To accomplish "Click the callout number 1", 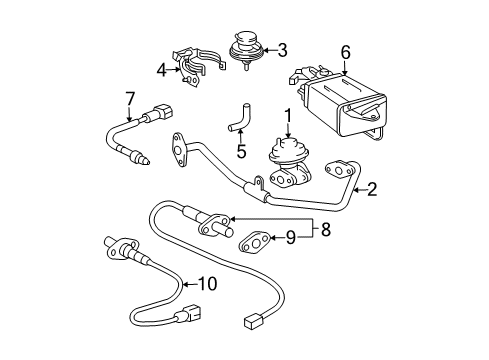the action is point(288,117).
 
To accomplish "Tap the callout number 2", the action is point(371,189).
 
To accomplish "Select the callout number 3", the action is point(282,50).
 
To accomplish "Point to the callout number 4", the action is point(162,70).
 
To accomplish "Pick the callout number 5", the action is point(241,151).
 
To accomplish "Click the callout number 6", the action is point(345,52).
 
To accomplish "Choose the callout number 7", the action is point(130,99).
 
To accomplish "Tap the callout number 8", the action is point(326,230).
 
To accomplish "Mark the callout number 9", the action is point(291,238).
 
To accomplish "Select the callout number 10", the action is point(207,284).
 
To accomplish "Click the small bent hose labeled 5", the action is point(239,118).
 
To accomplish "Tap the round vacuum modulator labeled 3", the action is point(246,49).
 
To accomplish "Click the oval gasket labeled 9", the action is point(254,242).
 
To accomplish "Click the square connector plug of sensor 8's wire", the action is point(252,323).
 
